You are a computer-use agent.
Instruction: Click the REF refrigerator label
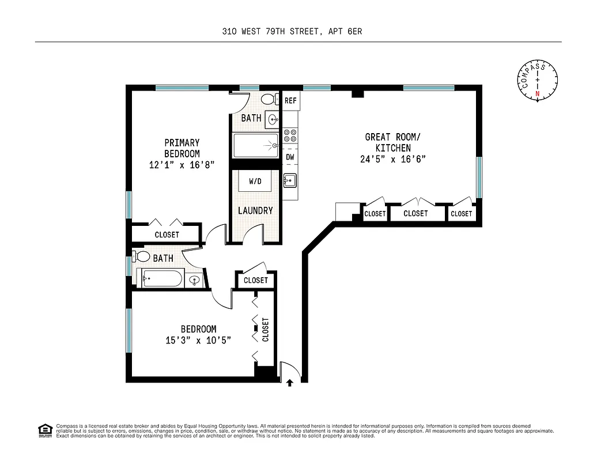coord(290,101)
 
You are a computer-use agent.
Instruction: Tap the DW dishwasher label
coord(290,157)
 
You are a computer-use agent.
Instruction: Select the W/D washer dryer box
coord(255,182)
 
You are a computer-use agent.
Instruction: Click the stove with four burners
coord(290,135)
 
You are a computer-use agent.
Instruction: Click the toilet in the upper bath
coord(269,100)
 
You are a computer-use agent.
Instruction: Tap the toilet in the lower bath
coord(141,256)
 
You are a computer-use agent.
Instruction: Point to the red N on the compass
coord(538,93)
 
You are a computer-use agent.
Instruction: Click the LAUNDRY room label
coord(255,211)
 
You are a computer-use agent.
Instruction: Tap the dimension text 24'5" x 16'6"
coord(392,160)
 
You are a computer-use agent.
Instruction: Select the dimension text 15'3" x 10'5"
coord(198,340)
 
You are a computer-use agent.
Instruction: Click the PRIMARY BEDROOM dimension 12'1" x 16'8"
coord(182,165)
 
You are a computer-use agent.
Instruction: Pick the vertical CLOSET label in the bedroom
coord(266,330)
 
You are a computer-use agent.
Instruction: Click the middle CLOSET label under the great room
coord(415,213)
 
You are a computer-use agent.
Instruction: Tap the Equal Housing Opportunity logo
coord(44,430)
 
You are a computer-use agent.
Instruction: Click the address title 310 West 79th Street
coord(292,32)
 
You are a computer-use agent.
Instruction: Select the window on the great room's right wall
coord(479,177)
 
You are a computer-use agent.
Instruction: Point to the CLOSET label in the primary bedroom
coord(167,235)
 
